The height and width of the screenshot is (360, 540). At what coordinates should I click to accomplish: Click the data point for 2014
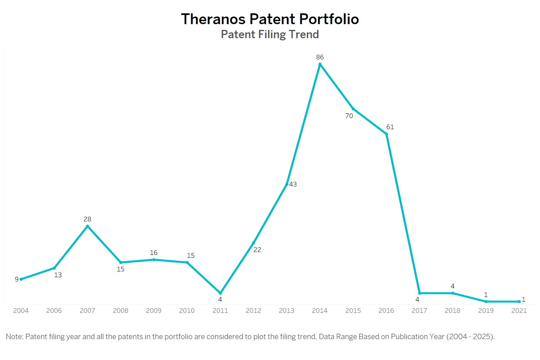pyautogui.click(x=320, y=65)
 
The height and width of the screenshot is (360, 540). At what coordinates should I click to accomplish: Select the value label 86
pyautogui.click(x=320, y=57)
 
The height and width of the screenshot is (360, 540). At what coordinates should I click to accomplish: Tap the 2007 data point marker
pyautogui.click(x=87, y=226)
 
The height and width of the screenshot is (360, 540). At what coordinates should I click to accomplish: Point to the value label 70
pyautogui.click(x=349, y=116)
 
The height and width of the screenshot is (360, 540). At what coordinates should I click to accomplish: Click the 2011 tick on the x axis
pyautogui.click(x=220, y=311)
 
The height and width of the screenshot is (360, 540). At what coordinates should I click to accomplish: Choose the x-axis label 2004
pyautogui.click(x=21, y=311)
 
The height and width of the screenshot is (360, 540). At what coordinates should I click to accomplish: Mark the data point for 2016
pyautogui.click(x=386, y=134)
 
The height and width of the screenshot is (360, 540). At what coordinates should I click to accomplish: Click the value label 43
pyautogui.click(x=293, y=184)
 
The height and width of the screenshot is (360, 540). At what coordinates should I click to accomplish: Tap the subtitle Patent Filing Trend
pyautogui.click(x=270, y=35)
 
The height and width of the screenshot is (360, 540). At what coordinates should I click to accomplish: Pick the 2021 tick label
pyautogui.click(x=519, y=311)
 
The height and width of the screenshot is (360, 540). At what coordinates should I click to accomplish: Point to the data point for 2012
pyautogui.click(x=253, y=243)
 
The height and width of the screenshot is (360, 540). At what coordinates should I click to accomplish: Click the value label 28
pyautogui.click(x=87, y=219)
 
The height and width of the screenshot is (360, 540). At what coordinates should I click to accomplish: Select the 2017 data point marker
pyautogui.click(x=419, y=293)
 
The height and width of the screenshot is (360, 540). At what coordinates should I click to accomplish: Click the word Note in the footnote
pyautogui.click(x=14, y=337)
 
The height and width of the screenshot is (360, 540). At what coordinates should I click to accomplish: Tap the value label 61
pyautogui.click(x=390, y=127)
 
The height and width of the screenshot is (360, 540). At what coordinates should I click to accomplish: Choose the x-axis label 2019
pyautogui.click(x=486, y=311)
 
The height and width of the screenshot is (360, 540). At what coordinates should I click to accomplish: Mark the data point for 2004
pyautogui.click(x=21, y=279)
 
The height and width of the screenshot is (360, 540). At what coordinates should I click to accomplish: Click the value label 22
pyautogui.click(x=257, y=250)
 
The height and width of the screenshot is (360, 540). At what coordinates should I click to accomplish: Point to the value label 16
pyautogui.click(x=154, y=253)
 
